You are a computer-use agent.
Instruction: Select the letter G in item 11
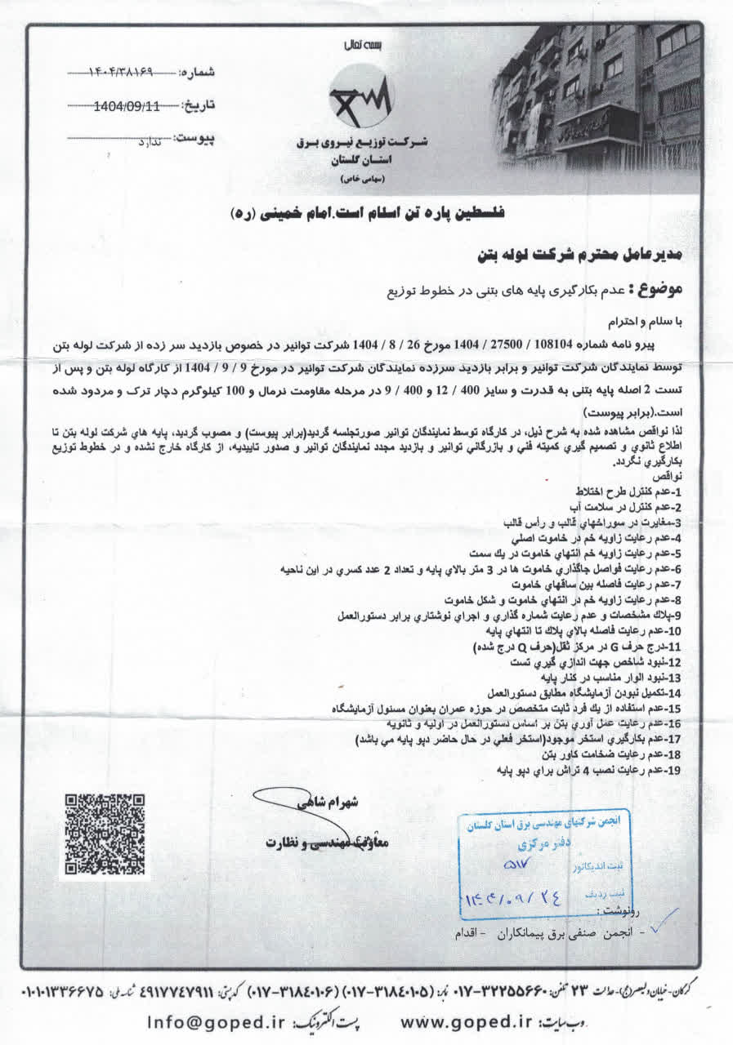click(631, 645)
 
